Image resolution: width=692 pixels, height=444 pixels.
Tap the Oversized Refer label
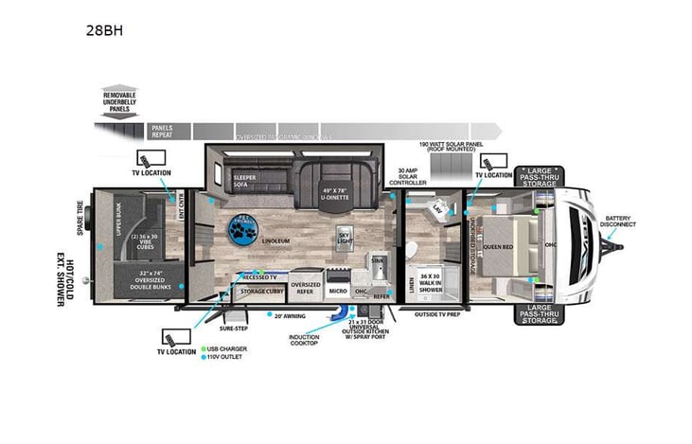click(x=305, y=286)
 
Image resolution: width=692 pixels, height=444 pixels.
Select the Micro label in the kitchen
click(x=337, y=292)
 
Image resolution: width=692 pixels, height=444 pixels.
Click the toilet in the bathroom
click(x=412, y=251)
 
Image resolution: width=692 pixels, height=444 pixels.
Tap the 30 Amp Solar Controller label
click(x=409, y=177)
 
